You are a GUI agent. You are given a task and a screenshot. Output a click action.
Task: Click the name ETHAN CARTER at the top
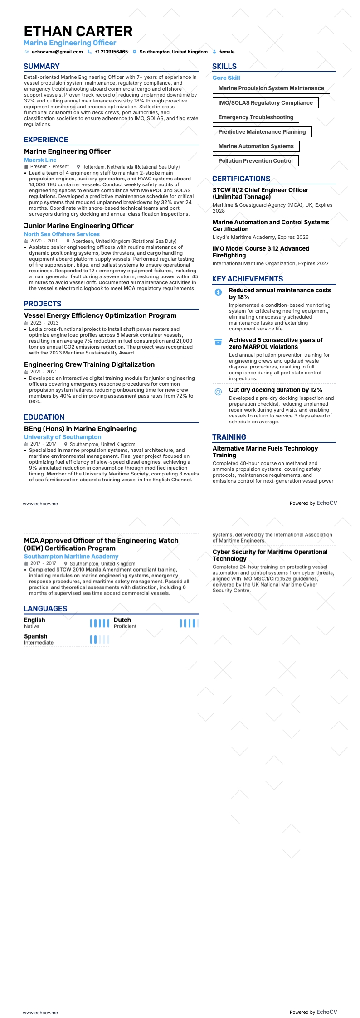pyautogui.click(x=78, y=31)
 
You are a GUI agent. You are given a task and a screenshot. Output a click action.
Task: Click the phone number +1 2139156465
pyautogui.click(x=111, y=52)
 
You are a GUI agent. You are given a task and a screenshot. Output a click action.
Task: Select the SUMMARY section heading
pyautogui.click(x=42, y=67)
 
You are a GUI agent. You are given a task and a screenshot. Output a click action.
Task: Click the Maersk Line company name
pyautogui.click(x=40, y=160)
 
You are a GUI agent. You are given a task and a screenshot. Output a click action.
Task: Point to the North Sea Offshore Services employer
pyautogui.click(x=62, y=234)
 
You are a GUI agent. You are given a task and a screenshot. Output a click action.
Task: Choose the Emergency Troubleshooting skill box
pyautogui.click(x=256, y=117)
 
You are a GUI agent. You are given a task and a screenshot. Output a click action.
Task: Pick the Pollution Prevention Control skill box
pyautogui.click(x=256, y=161)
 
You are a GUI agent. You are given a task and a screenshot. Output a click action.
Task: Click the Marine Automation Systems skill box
pyautogui.click(x=256, y=146)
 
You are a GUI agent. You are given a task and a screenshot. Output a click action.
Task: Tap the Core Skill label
pyautogui.click(x=226, y=78)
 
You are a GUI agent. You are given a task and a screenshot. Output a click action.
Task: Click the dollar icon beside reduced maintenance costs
pyautogui.click(x=218, y=292)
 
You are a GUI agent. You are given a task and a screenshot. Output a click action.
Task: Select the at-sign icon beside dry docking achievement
pyautogui.click(x=218, y=392)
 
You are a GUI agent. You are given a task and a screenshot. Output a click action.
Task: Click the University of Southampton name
pyautogui.click(x=63, y=437)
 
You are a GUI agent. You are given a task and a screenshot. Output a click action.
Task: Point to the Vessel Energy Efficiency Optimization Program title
pyautogui.click(x=100, y=315)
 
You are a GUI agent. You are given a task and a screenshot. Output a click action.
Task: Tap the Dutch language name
pyautogui.click(x=122, y=620)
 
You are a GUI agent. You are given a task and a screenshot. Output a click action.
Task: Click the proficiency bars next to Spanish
pyautogui.click(x=100, y=640)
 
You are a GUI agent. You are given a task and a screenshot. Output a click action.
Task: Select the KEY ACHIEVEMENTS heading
pyautogui.click(x=248, y=279)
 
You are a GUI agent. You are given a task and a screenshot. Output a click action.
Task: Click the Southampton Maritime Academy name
pyautogui.click(x=71, y=557)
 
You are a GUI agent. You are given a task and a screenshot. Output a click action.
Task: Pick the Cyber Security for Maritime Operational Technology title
pyautogui.click(x=270, y=555)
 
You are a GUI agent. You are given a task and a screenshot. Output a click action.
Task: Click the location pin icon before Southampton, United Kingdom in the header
pyautogui.click(x=135, y=52)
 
